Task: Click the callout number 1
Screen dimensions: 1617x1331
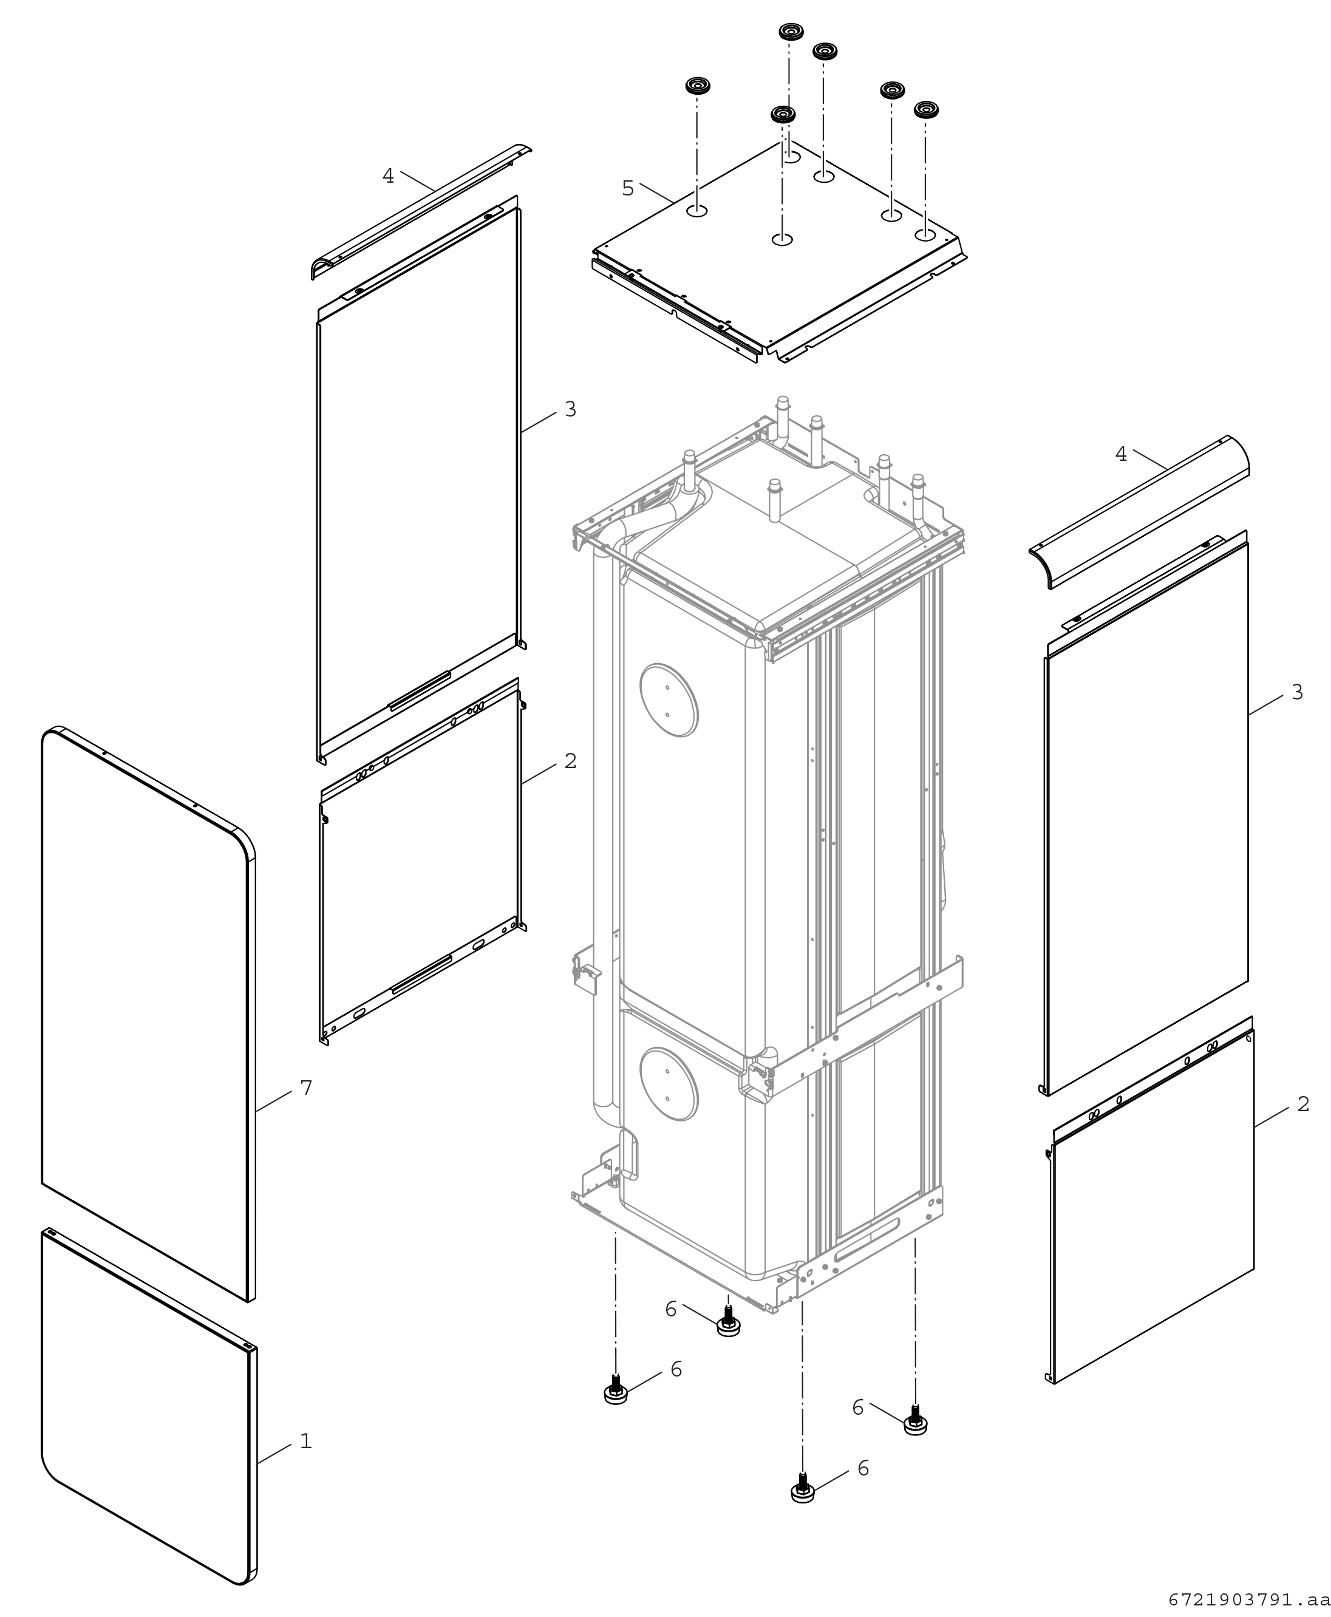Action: [x=306, y=1442]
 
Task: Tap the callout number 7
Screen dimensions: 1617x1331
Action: [x=306, y=1087]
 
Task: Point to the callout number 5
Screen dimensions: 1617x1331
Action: [x=628, y=188]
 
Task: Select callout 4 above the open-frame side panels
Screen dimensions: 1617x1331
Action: [x=388, y=176]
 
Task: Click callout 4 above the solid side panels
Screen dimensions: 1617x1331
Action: [x=1121, y=455]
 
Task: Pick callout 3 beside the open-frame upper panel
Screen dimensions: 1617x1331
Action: [x=570, y=409]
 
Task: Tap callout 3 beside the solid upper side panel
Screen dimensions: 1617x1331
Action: [x=1297, y=692]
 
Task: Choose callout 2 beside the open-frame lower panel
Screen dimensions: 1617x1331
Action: [x=570, y=761]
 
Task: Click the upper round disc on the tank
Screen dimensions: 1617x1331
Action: [x=669, y=700]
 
